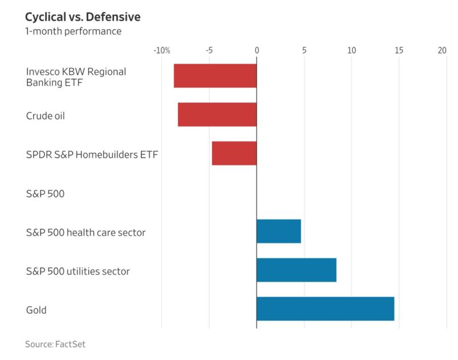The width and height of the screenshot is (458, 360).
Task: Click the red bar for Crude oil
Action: point(217,114)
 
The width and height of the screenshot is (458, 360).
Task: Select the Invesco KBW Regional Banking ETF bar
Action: point(215,76)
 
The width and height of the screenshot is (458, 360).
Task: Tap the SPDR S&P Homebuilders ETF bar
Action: point(234,153)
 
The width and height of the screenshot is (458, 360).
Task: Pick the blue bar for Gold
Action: point(325,308)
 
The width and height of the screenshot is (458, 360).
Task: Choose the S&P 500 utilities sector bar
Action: point(296,270)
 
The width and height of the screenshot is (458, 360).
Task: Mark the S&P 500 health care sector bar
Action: point(278,231)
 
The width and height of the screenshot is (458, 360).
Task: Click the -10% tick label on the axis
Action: point(162,50)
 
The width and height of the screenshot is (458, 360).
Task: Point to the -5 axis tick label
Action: point(209,50)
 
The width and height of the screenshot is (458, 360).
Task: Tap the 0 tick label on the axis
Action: point(256,50)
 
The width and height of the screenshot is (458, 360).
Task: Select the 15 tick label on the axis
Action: point(399,50)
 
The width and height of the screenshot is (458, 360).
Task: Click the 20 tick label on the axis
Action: point(442,50)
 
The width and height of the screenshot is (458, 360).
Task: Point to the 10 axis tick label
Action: point(352,50)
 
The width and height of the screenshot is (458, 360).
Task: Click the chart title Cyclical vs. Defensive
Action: point(83,17)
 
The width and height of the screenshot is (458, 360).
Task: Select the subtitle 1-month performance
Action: point(73,31)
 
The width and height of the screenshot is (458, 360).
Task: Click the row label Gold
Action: point(36,310)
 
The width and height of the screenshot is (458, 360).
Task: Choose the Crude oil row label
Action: point(45,116)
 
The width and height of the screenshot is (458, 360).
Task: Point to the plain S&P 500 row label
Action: point(45,193)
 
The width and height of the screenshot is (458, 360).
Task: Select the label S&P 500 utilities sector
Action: point(78,271)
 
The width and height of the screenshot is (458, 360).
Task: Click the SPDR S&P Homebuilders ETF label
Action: point(92,155)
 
